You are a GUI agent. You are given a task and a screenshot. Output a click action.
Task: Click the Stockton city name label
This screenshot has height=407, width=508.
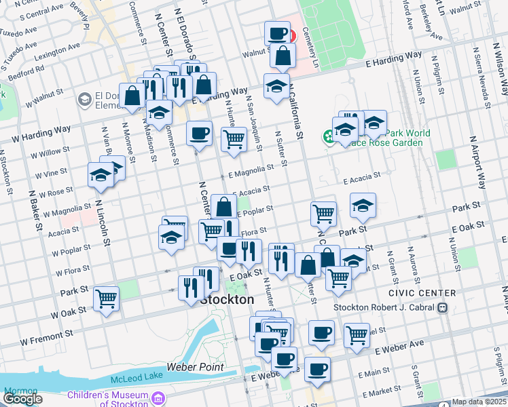[x=228, y=299]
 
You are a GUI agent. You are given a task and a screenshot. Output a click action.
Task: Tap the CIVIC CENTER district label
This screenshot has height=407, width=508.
[x=422, y=293]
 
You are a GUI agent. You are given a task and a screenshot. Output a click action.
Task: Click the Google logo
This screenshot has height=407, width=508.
[x=22, y=399]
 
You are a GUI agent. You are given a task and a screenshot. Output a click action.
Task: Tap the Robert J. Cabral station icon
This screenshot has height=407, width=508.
[x=442, y=307]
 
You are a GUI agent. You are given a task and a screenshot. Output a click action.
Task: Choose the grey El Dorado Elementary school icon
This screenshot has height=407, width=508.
[x=85, y=100]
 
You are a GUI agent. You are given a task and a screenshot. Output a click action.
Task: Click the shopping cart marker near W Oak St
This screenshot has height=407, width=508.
[x=107, y=298]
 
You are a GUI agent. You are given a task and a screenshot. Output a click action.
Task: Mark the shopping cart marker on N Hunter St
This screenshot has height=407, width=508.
[x=234, y=138]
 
